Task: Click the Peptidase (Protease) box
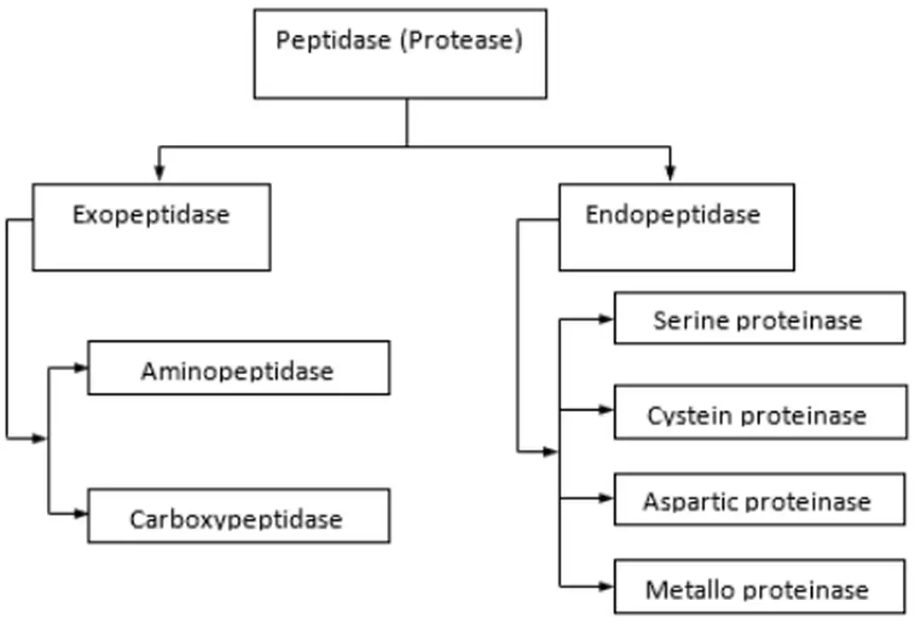tap(400, 54)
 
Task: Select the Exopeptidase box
tap(151, 228)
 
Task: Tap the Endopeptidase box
tap(676, 228)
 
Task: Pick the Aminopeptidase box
tap(239, 368)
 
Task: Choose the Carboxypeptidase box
tap(239, 516)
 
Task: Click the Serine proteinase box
tap(759, 319)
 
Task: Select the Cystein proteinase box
tap(760, 412)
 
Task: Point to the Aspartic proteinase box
tap(759, 500)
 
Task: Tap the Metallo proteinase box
tap(759, 586)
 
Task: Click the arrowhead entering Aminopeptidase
tap(81, 368)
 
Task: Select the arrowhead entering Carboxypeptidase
tap(81, 514)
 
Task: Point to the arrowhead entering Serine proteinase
tap(606, 319)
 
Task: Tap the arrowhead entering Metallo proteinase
tap(606, 586)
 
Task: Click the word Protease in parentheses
tap(460, 40)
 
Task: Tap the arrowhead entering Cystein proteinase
tap(606, 410)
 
